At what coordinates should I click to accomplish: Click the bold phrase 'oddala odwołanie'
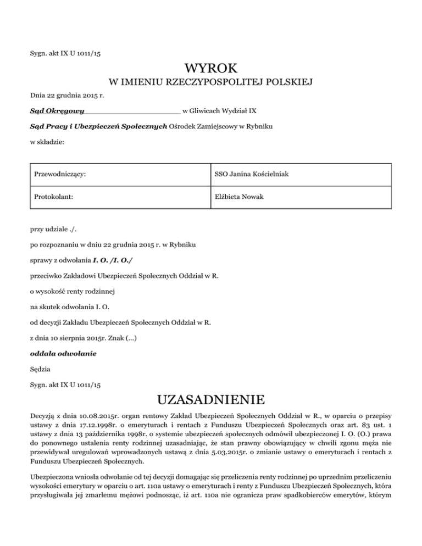point(63,354)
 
